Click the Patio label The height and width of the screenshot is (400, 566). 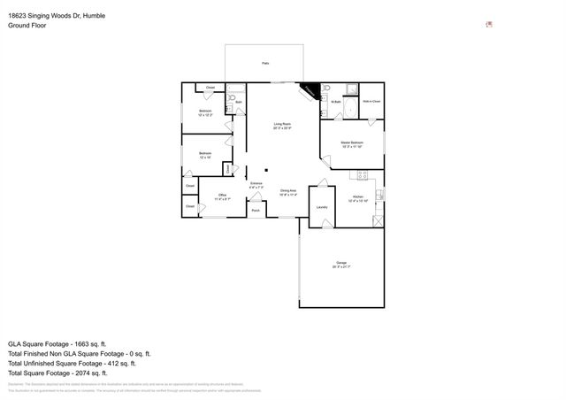coord(265,64)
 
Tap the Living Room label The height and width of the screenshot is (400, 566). coord(282,124)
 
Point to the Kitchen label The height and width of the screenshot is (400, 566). coord(358,196)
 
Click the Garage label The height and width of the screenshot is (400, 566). coord(340,263)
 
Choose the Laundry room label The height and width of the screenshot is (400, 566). coord(321,207)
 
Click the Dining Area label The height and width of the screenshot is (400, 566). coord(287,191)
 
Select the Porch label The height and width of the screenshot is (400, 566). coord(256,211)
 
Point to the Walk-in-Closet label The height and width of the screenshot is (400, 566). coord(371,102)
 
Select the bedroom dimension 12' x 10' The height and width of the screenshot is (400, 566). coord(204,158)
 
